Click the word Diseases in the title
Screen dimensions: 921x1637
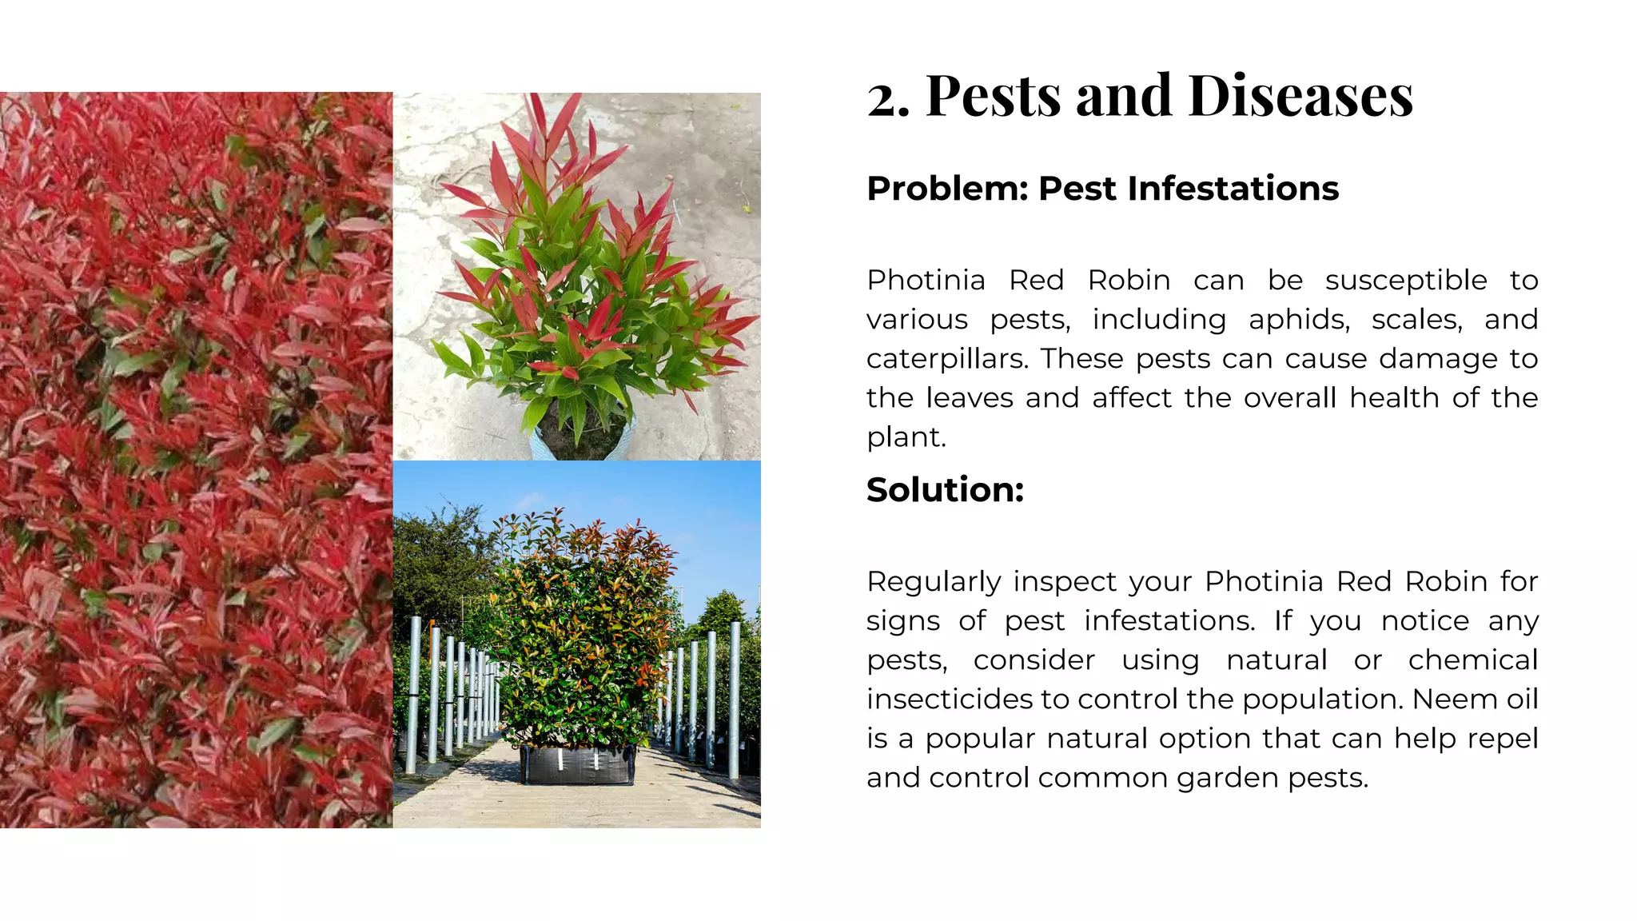(1300, 97)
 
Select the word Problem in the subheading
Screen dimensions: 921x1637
(944, 189)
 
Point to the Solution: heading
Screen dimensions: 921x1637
(945, 490)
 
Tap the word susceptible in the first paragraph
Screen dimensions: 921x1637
(1406, 281)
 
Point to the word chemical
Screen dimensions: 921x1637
(1472, 660)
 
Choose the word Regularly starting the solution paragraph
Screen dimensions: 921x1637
(934, 583)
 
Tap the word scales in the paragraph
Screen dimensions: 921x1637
(1416, 320)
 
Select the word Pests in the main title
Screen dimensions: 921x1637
(994, 97)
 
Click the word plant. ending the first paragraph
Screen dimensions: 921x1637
(906, 438)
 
